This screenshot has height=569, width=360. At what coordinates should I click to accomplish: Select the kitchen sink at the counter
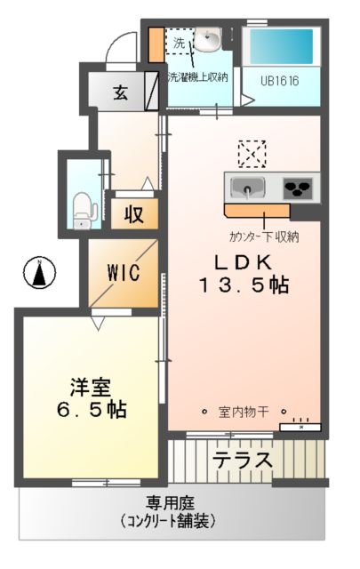point(245,188)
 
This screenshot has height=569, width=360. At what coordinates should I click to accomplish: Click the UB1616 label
point(279,80)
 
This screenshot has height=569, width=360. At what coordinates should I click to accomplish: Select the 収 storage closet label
point(134,214)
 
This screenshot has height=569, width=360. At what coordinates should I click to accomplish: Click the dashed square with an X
point(252,154)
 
